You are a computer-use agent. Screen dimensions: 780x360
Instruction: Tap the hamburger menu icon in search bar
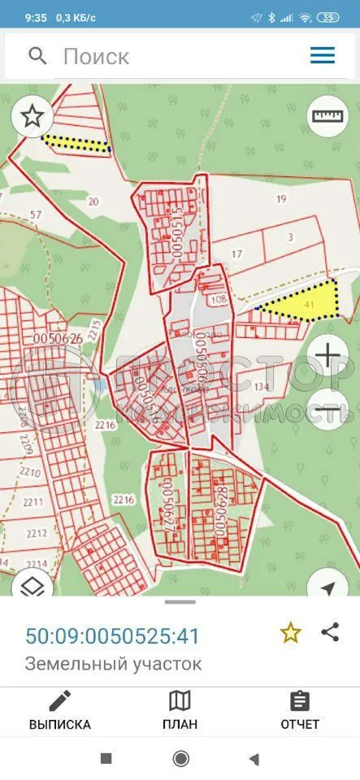point(323,55)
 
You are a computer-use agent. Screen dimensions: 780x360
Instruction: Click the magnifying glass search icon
point(37,55)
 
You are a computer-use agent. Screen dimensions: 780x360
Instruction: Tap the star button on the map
point(32,116)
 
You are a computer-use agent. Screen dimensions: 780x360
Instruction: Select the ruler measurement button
point(327,116)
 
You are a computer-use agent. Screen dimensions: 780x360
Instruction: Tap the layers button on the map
point(32,587)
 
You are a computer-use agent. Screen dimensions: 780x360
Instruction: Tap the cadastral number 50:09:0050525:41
point(112,635)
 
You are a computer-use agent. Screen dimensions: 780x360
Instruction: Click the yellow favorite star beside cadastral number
point(290,633)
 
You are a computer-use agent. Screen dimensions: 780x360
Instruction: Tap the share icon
point(330,632)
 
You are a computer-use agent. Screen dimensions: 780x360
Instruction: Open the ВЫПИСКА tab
point(60,710)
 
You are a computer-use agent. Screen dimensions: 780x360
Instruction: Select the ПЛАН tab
point(180,710)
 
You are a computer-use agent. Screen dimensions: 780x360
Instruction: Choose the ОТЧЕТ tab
point(300,710)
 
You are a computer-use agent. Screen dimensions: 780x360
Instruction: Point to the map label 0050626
point(54,337)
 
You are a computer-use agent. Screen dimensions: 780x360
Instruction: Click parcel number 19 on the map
point(282,199)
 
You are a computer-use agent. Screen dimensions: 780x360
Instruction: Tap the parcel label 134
point(262,386)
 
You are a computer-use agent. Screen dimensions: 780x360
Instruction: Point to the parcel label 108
point(218,299)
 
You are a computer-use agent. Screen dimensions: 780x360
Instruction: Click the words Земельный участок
point(114,664)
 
